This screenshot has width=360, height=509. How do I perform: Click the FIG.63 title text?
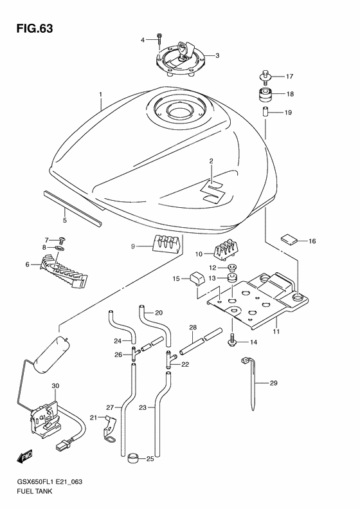[30, 28]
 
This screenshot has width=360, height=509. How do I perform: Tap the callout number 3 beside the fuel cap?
[217, 55]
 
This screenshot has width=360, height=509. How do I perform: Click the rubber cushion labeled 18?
[264, 95]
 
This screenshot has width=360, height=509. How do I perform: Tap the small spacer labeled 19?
[264, 113]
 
